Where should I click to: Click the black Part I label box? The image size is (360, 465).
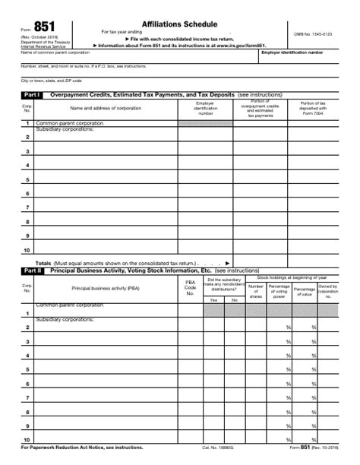[32, 94]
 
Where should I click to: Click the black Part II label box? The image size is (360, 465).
[32, 270]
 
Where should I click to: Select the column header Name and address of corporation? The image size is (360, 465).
[106, 108]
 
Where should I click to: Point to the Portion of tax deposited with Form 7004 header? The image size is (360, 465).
[313, 108]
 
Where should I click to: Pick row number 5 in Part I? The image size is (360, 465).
[27, 180]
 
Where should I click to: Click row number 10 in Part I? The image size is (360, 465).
[27, 249]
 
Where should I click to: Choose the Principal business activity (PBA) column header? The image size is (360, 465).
[106, 288]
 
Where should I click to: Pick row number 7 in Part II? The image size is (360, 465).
[27, 397]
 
